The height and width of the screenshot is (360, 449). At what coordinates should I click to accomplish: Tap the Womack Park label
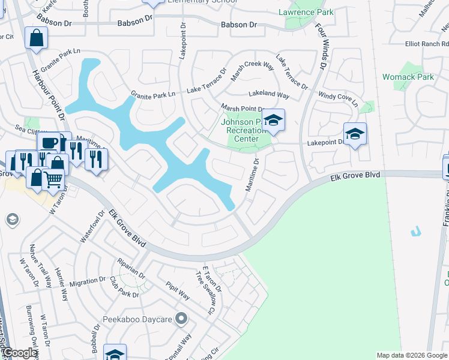(x=408, y=77)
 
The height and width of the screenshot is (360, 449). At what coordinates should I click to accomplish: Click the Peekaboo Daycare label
(x=137, y=319)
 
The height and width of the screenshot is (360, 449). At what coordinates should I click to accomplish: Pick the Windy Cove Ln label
(x=337, y=99)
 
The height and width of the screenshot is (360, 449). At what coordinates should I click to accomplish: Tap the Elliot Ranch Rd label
(x=427, y=43)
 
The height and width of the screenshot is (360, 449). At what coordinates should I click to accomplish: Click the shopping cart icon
(x=53, y=178)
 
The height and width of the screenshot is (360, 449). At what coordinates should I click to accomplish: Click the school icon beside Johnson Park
(x=273, y=121)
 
